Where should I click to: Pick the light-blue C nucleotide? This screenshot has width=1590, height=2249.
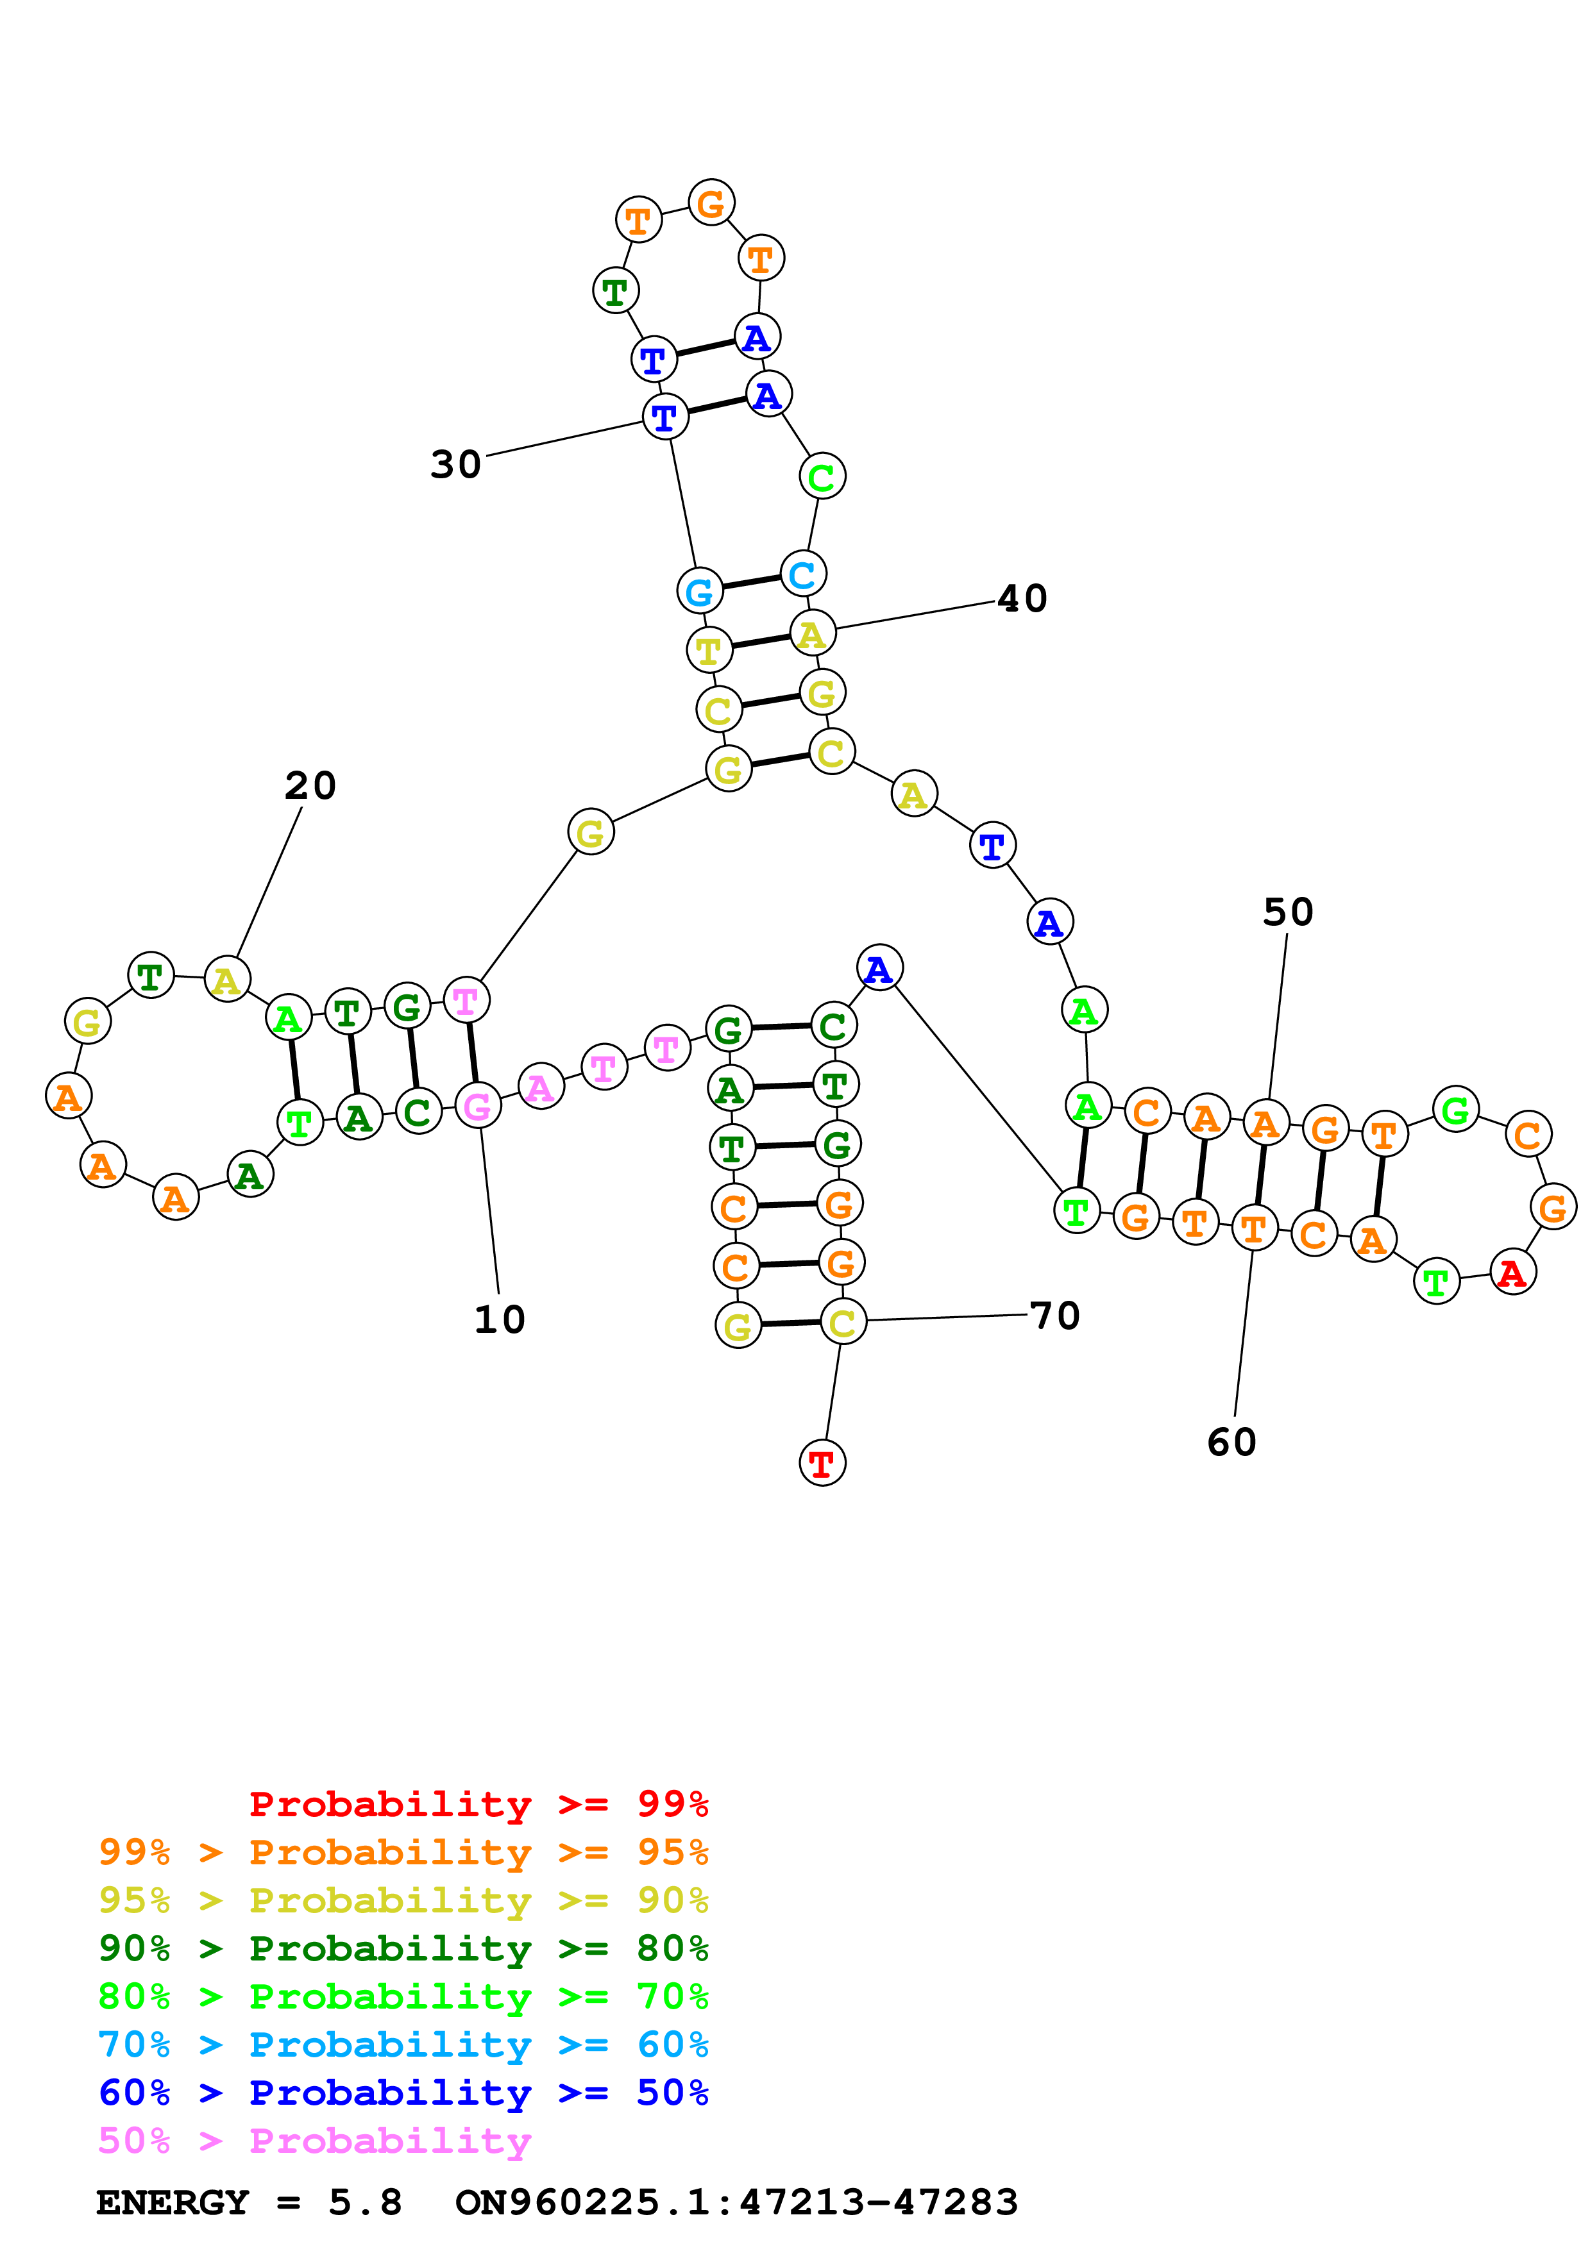tap(802, 574)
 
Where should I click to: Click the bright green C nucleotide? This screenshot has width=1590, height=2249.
tap(821, 477)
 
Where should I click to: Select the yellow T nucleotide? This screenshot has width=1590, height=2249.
tap(708, 649)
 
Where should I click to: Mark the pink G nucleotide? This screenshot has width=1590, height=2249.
tap(477, 1106)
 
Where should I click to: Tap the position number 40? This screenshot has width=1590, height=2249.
tap(1022, 599)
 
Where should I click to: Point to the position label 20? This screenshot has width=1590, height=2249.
tap(310, 785)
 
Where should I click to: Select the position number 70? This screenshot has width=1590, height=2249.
tap(1055, 1316)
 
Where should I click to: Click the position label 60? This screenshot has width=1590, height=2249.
tap(1231, 1442)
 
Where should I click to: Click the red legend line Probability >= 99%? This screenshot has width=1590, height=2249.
tap(478, 1803)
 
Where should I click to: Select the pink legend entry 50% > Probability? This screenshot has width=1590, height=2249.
tap(314, 2140)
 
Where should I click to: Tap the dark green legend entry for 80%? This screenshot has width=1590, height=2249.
tap(403, 1948)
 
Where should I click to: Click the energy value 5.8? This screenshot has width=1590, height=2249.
tap(364, 2202)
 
